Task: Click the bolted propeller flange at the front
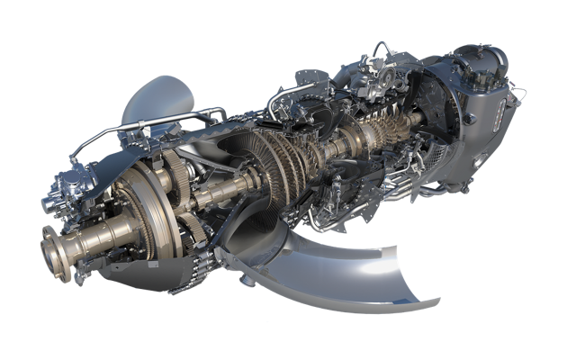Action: pyautogui.click(x=56, y=245)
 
